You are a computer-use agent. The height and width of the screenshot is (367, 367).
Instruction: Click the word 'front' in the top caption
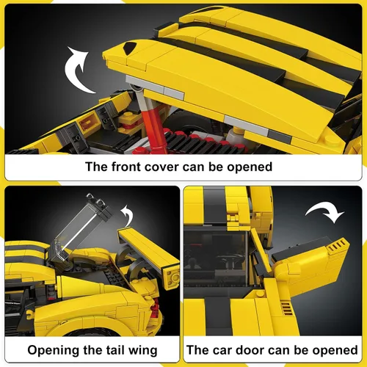(x=126, y=167)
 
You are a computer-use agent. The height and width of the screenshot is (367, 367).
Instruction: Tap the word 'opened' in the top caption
(x=250, y=167)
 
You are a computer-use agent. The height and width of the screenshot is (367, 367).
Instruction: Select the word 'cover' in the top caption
(x=162, y=167)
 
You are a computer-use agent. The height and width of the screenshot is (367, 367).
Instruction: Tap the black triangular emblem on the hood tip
(x=129, y=48)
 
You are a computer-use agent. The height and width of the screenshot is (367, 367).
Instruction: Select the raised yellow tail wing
(x=149, y=247)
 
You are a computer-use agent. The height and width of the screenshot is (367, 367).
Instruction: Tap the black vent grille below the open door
(x=286, y=309)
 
